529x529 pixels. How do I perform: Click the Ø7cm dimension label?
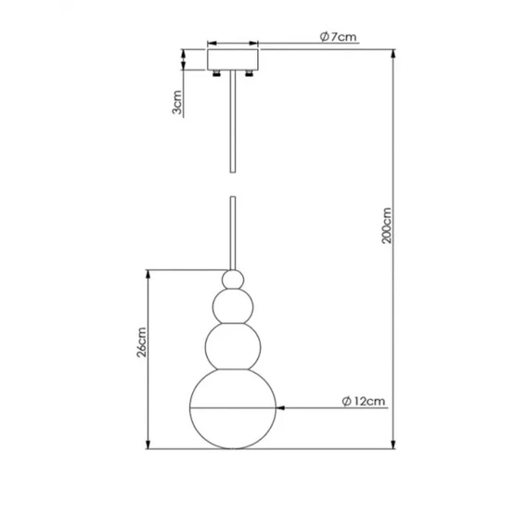pyautogui.click(x=338, y=36)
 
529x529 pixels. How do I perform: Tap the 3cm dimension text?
pyautogui.click(x=176, y=102)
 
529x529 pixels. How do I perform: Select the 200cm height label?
pyautogui.click(x=386, y=226)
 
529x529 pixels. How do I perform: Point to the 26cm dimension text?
pyautogui.click(x=141, y=342)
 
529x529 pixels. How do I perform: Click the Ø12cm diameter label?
pyautogui.click(x=364, y=401)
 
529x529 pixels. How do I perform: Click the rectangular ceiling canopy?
pyautogui.click(x=233, y=59)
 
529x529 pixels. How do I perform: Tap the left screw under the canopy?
pyautogui.click(x=216, y=73)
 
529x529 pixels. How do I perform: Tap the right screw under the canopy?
pyautogui.click(x=250, y=73)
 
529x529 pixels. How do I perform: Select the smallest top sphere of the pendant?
pyautogui.click(x=233, y=279)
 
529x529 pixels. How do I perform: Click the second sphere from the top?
pyautogui.click(x=233, y=306)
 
